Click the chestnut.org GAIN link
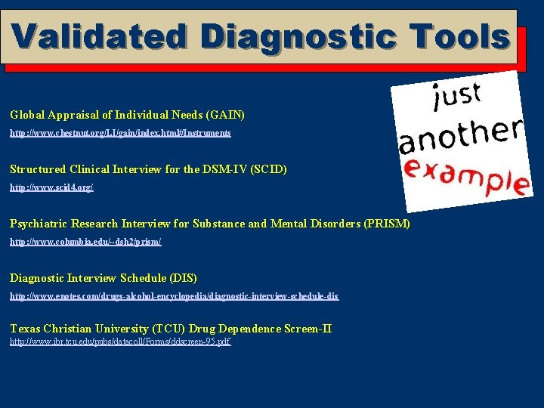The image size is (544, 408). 120,133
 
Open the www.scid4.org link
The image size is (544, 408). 51,187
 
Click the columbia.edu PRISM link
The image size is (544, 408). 85,242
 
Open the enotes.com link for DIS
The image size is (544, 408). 174,296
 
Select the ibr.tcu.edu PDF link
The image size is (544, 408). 119,342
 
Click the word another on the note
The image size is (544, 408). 460,135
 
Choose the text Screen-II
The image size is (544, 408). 308,329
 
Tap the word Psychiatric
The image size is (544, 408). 37,224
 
